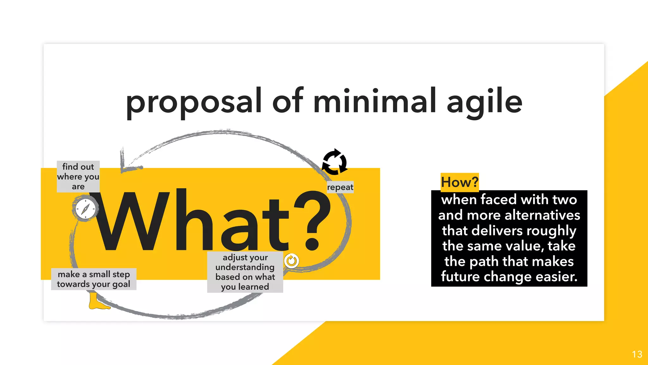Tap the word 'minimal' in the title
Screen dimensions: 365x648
376,101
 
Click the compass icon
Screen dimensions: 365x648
85,209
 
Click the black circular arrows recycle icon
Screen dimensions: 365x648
335,162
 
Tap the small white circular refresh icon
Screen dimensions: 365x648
291,261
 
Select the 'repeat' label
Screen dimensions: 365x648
340,187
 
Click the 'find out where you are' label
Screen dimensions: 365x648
78,176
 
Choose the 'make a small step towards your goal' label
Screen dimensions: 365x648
94,279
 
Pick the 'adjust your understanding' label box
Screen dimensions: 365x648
245,272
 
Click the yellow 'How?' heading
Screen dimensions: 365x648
459,182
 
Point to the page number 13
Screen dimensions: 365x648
637,354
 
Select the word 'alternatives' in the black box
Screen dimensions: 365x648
542,215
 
